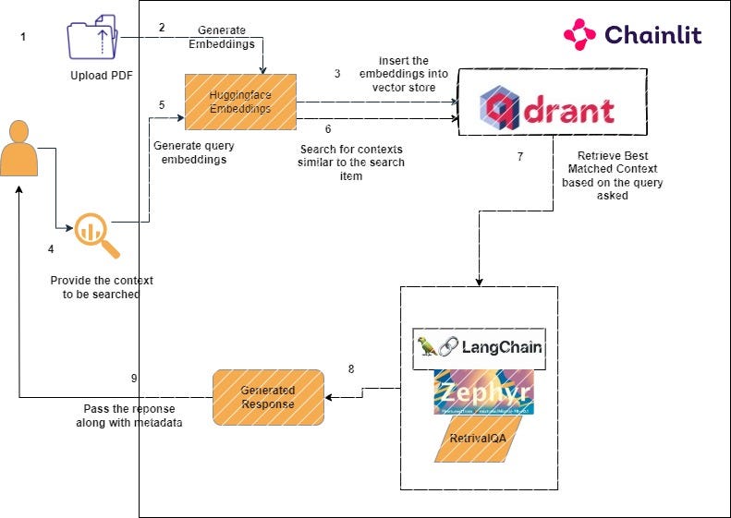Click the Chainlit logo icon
tap(579, 35)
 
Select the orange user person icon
tap(20, 150)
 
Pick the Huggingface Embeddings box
tap(240, 102)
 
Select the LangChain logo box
tap(479, 348)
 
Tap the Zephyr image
tap(483, 392)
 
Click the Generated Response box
tap(268, 398)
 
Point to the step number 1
tap(23, 37)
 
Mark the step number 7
tap(520, 156)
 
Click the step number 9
tap(134, 378)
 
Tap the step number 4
tap(51, 248)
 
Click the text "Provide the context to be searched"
tap(102, 286)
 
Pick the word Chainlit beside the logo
tap(652, 35)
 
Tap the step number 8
tap(350, 369)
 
